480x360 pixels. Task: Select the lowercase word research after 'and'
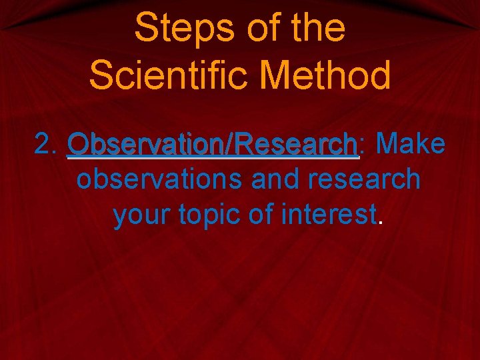pyautogui.click(x=361, y=179)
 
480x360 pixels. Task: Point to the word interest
pyautogui.click(x=330, y=215)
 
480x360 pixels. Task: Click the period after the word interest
pyautogui.click(x=381, y=224)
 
